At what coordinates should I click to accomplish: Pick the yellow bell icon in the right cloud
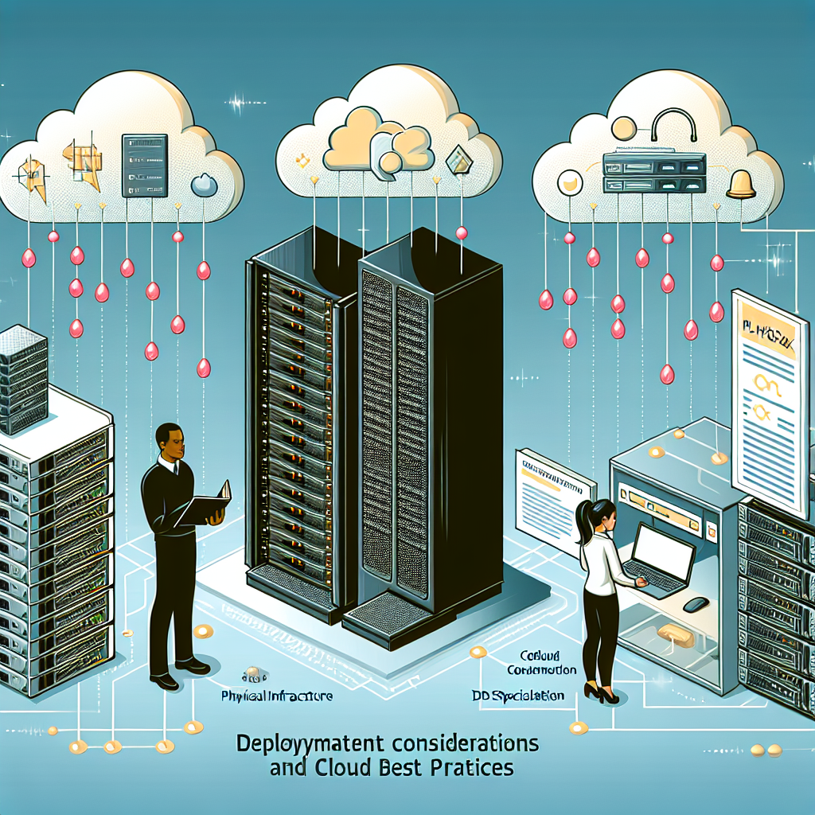coord(741,185)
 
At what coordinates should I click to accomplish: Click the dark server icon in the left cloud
coord(144,165)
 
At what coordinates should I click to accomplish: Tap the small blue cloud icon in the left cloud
coord(204,185)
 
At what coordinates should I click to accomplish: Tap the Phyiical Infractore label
coord(277,696)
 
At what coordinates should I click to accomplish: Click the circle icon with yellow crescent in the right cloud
coord(570,184)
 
